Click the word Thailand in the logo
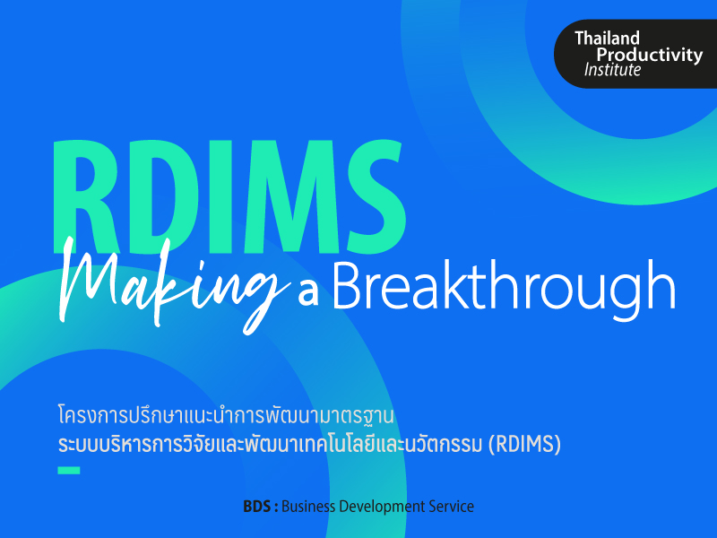(x=607, y=39)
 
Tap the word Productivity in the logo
(x=649, y=56)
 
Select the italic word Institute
(x=612, y=70)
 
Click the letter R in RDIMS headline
(x=84, y=196)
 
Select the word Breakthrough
(x=504, y=286)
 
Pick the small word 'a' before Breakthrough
(x=308, y=293)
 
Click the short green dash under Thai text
(x=69, y=470)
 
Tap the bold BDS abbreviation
(x=257, y=507)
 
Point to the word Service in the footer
(x=451, y=507)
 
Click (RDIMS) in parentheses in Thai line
(x=524, y=444)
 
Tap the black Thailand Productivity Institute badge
(x=635, y=54)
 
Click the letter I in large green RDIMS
(x=221, y=196)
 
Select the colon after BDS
(x=276, y=508)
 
